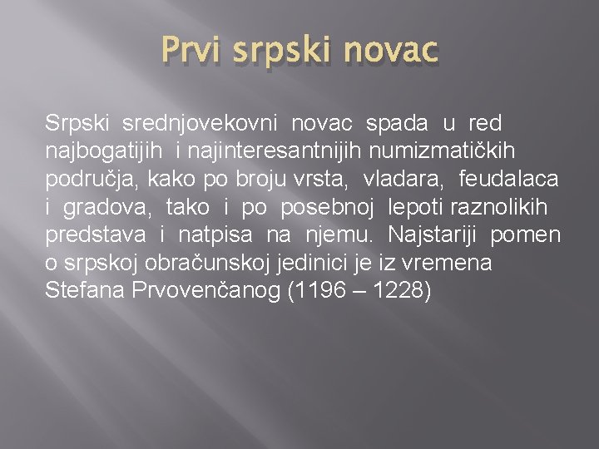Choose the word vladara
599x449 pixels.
click(x=402, y=180)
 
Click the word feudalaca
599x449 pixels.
click(x=508, y=180)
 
